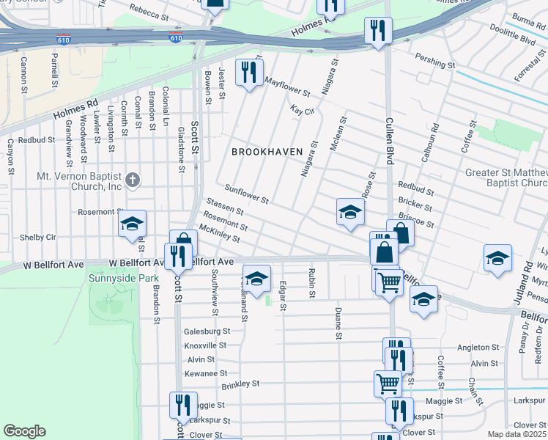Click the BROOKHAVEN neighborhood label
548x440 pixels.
point(267,152)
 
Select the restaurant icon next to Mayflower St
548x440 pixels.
point(249,73)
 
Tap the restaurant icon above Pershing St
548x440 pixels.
point(378,30)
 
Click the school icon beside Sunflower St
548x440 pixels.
point(350,213)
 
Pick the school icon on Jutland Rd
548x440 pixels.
point(497,259)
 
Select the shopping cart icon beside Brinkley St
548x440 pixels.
point(388,381)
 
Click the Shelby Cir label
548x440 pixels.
point(37,237)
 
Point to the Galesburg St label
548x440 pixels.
point(207,331)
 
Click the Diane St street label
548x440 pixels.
point(338,320)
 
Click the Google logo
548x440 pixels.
point(24,431)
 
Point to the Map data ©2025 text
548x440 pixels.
point(516,434)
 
